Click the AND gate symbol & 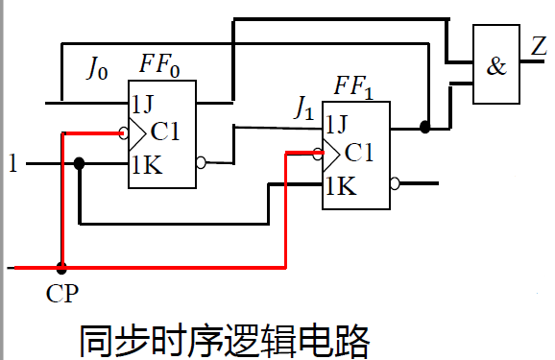[496, 66]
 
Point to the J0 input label [98, 68]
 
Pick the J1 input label [302, 111]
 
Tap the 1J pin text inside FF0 [145, 103]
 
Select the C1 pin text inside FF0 [167, 132]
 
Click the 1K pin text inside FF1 [340, 185]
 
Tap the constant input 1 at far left [12, 164]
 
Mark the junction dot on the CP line [61, 267]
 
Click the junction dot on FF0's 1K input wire [80, 164]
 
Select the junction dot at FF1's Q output [423, 126]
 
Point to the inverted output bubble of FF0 [200, 163]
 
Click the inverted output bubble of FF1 [394, 182]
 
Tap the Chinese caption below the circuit [223, 340]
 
